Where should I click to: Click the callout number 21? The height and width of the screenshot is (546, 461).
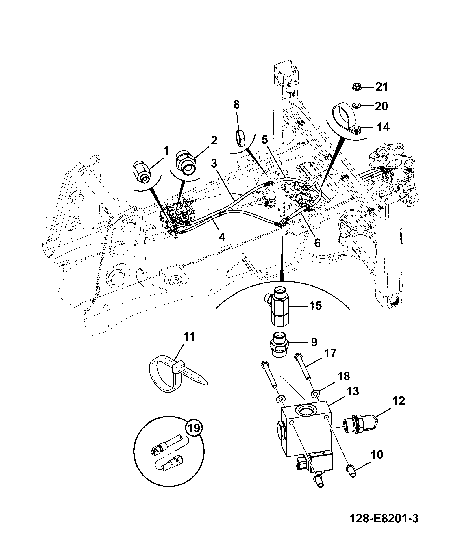(x=382, y=87)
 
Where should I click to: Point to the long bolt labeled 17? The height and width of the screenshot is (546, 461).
(x=303, y=365)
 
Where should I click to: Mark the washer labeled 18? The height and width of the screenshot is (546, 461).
(x=316, y=393)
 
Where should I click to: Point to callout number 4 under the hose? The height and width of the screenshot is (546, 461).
(x=221, y=237)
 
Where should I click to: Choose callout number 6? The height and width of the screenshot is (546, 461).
(x=317, y=243)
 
